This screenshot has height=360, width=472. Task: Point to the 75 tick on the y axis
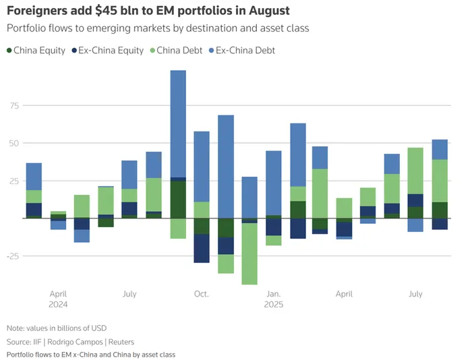click(13, 106)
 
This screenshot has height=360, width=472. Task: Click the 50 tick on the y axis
click(13, 144)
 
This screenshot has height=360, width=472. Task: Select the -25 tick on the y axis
click(12, 256)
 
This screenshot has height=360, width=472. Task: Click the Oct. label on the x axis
click(201, 294)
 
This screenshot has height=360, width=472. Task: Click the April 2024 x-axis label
click(58, 299)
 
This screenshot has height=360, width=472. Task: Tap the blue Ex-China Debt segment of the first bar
click(34, 177)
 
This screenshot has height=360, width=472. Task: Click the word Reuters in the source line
click(111, 340)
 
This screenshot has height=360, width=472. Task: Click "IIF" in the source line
click(40, 340)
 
